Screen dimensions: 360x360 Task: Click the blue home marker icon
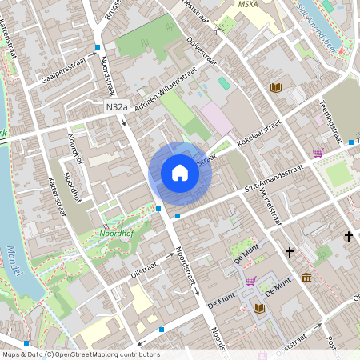pyautogui.click(x=179, y=173)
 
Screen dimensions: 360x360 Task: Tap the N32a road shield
pyautogui.click(x=116, y=106)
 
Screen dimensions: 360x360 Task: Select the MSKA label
pyautogui.click(x=250, y=4)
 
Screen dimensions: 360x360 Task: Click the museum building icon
pyautogui.click(x=307, y=278)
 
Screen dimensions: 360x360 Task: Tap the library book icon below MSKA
pyautogui.click(x=276, y=87)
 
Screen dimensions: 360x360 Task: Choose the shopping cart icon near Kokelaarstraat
pyautogui.click(x=318, y=152)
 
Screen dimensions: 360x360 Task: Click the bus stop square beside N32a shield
pyautogui.click(x=124, y=121)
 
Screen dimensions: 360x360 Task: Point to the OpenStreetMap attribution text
pyautogui.click(x=80, y=354)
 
